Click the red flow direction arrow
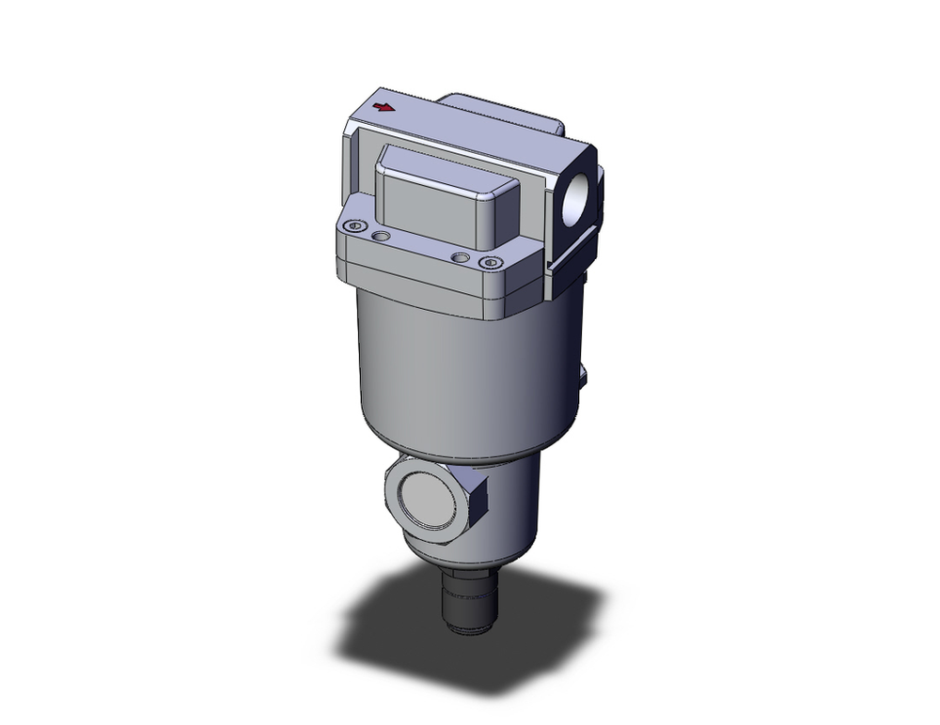[x=383, y=107]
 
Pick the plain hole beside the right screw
[x=459, y=256]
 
